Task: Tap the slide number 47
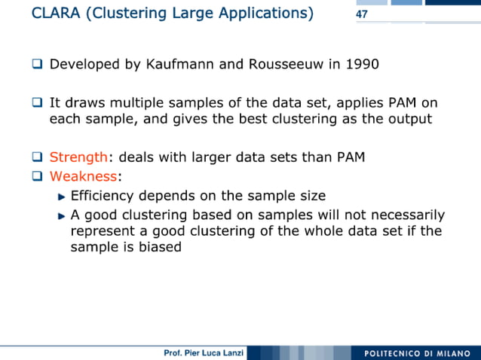(x=361, y=14)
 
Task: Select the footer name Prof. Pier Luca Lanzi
(x=204, y=353)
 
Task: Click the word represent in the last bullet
(x=101, y=230)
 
